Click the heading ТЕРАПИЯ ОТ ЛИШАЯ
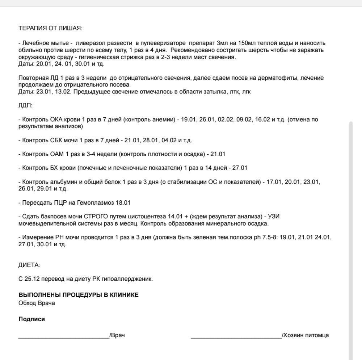click(x=50, y=28)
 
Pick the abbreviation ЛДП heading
click(x=25, y=106)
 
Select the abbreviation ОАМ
click(x=57, y=154)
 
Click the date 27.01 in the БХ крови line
click(x=240, y=168)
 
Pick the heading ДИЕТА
click(x=29, y=265)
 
